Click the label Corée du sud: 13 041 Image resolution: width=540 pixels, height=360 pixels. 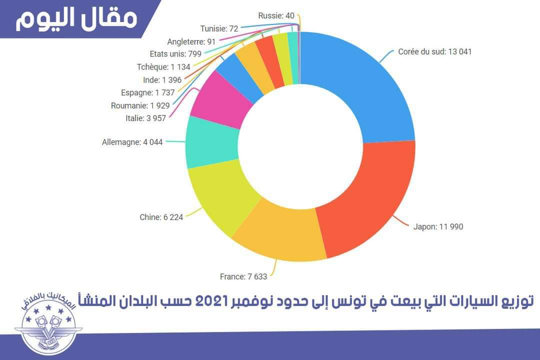click(435, 51)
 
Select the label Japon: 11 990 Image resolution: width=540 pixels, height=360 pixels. click(438, 226)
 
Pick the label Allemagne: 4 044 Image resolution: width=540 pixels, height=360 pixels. click(132, 142)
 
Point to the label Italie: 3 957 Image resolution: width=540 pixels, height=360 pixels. click(145, 118)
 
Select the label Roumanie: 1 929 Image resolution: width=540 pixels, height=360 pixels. click(140, 105)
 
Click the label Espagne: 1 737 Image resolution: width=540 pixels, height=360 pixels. click(145, 92)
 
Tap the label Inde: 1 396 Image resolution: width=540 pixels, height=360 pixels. click(155, 79)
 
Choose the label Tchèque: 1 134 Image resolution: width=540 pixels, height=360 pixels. click(153, 66)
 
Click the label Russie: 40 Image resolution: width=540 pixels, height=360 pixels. click(276, 15)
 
